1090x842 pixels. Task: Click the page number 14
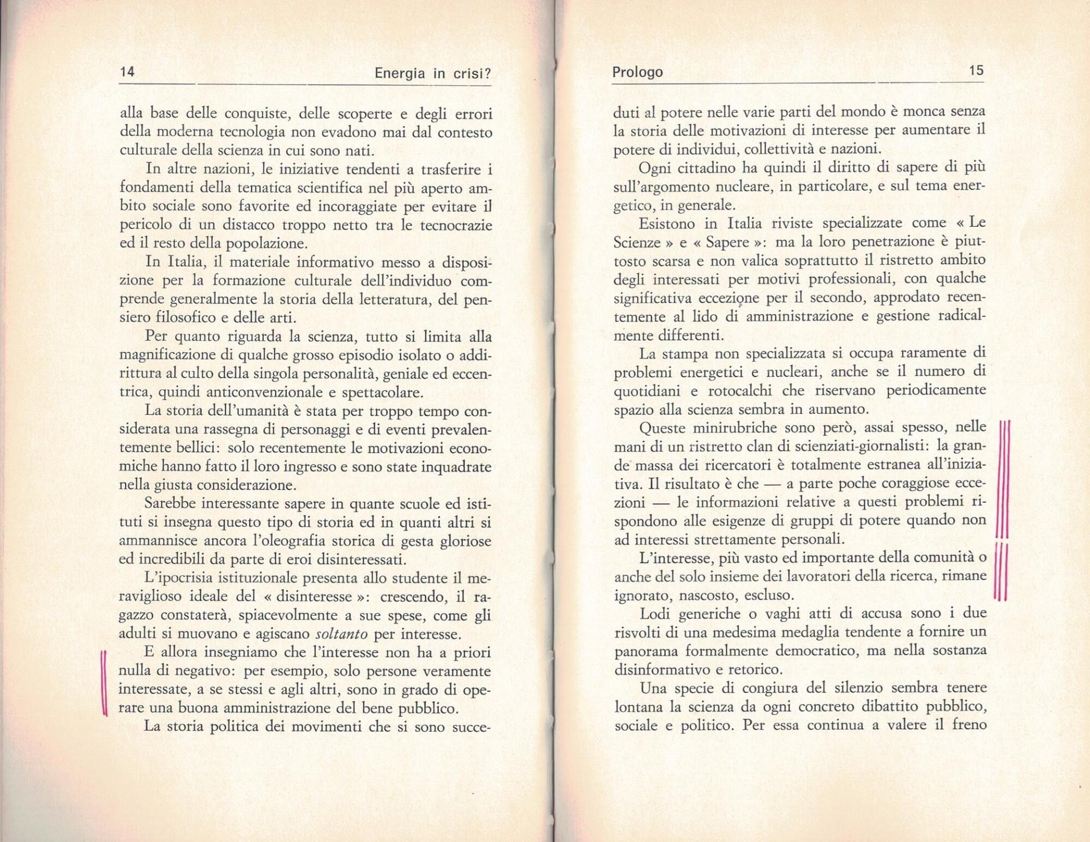[127, 72]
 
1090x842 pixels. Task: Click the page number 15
[975, 70]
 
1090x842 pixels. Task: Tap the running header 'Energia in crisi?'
[433, 74]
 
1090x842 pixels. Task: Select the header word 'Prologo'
[637, 72]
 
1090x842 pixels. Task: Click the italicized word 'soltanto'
[342, 634]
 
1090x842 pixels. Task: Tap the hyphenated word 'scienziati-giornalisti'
[860, 447]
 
